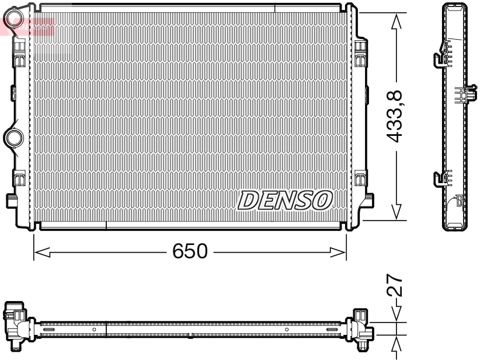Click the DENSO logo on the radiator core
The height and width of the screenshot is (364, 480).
tap(285, 200)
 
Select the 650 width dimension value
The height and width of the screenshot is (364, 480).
tap(190, 252)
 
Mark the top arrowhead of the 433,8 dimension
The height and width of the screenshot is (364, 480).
tap(397, 21)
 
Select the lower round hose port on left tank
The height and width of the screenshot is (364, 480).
tap(12, 138)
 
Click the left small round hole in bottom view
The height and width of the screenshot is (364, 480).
tap(94, 330)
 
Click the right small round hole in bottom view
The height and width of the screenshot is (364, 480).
tap(287, 330)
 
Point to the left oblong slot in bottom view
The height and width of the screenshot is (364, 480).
tap(50, 330)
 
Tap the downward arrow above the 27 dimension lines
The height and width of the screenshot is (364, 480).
tap(397, 313)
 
